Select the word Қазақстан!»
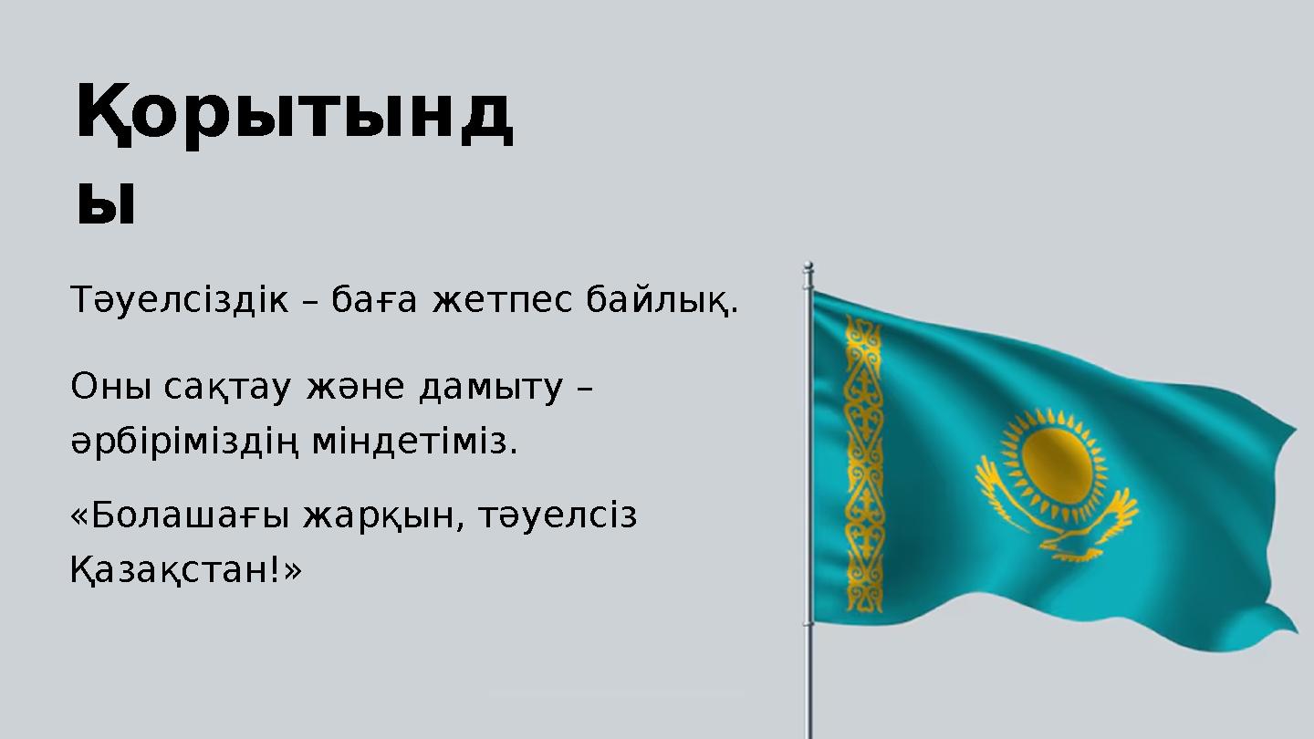(185, 572)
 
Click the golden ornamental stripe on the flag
(863, 465)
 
